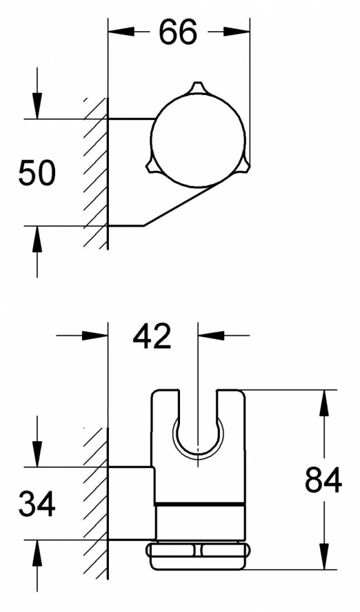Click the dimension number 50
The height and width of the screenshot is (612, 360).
tap(37, 173)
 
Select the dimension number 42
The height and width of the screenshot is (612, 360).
tap(152, 336)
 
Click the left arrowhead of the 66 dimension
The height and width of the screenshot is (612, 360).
tap(121, 32)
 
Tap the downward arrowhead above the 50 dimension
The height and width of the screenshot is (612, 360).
tap(37, 106)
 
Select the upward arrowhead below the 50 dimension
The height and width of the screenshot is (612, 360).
tap(37, 239)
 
